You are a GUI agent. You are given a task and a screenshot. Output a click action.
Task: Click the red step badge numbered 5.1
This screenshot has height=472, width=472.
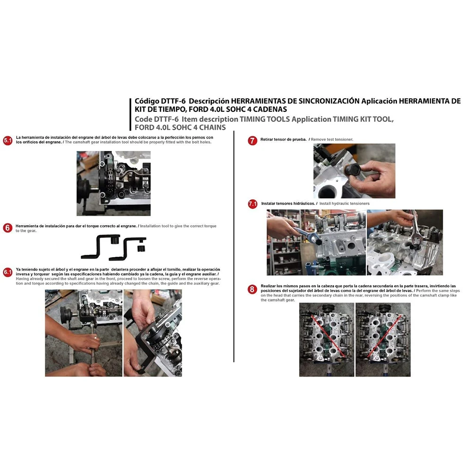(x=8, y=140)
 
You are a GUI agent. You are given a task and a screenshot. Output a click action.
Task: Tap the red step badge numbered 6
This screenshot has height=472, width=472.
(x=8, y=228)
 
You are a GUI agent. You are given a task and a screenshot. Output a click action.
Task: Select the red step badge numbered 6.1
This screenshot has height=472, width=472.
(x=8, y=272)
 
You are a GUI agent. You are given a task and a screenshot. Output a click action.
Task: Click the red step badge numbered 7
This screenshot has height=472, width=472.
(x=252, y=140)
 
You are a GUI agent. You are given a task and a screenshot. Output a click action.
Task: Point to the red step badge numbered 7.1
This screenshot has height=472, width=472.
(x=253, y=204)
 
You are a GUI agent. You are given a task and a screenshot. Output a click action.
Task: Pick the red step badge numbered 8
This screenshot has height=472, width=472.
(x=252, y=290)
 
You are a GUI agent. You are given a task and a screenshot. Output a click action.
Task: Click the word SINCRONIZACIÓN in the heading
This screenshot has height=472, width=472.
(x=325, y=101)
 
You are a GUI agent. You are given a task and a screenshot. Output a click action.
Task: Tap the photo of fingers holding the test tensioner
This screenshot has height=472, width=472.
(x=354, y=171)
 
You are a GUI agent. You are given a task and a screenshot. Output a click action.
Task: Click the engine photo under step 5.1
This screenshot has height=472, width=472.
(x=113, y=183)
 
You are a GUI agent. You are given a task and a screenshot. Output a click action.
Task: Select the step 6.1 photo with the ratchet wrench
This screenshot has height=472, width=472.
(x=84, y=333)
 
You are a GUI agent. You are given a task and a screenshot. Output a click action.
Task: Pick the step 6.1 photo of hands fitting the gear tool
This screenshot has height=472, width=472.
(x=152, y=333)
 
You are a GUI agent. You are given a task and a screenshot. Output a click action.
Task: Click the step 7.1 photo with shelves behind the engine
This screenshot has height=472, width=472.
(x=316, y=242)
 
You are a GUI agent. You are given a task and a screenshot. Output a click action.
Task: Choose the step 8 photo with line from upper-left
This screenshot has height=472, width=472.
(x=327, y=339)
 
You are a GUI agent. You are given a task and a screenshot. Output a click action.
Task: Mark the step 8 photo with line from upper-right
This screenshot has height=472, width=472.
(x=383, y=339)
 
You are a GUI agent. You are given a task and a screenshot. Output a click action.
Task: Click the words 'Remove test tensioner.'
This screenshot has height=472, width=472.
(x=332, y=139)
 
